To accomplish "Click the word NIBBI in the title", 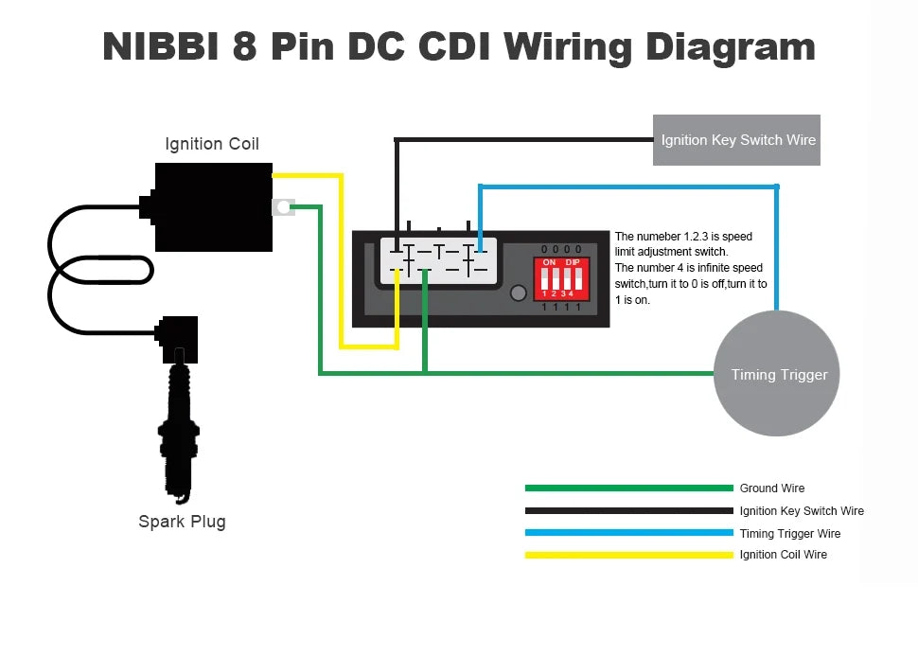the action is pyautogui.click(x=161, y=46).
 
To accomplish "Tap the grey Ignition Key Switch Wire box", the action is pyautogui.click(x=736, y=140).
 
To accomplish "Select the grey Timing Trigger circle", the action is pyautogui.click(x=777, y=373).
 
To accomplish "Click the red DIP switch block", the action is pyautogui.click(x=561, y=278).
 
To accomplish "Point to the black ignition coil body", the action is pyautogui.click(x=213, y=207).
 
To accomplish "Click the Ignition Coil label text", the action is pyautogui.click(x=212, y=144).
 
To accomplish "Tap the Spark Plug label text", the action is pyautogui.click(x=182, y=521).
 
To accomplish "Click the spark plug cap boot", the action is pyautogui.click(x=177, y=339).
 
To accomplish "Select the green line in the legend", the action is pyautogui.click(x=628, y=488).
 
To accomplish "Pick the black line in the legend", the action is pyautogui.click(x=628, y=510).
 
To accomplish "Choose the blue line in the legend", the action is pyautogui.click(x=628, y=533).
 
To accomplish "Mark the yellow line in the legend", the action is pyautogui.click(x=628, y=555).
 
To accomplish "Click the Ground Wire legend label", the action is pyautogui.click(x=771, y=488).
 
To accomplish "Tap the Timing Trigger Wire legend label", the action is pyautogui.click(x=790, y=533).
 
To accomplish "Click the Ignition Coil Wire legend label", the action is pyautogui.click(x=784, y=555).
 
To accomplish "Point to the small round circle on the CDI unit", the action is pyautogui.click(x=518, y=293).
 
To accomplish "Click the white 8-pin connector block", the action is pyautogui.click(x=438, y=261).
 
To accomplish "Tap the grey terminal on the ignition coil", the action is pyautogui.click(x=283, y=206).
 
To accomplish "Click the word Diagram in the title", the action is pyautogui.click(x=730, y=47).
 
